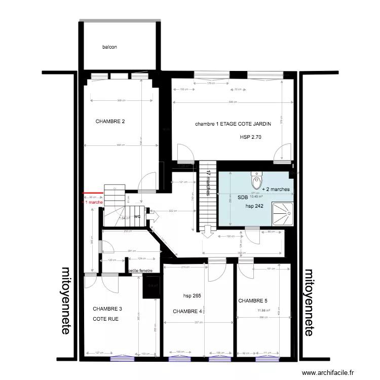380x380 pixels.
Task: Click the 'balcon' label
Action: [109, 47]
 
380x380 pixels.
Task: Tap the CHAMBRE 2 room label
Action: [110, 122]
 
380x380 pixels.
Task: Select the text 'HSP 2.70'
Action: [251, 137]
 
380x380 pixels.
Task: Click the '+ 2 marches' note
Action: [276, 189]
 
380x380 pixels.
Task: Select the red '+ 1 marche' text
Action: [93, 202]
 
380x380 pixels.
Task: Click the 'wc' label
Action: [137, 216]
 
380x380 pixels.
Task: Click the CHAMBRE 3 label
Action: [107, 309]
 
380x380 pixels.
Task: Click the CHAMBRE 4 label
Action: [187, 311]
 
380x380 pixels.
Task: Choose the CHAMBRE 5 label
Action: [253, 300]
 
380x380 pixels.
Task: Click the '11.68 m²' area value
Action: [264, 311]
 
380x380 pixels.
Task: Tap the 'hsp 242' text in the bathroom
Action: [255, 206]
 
